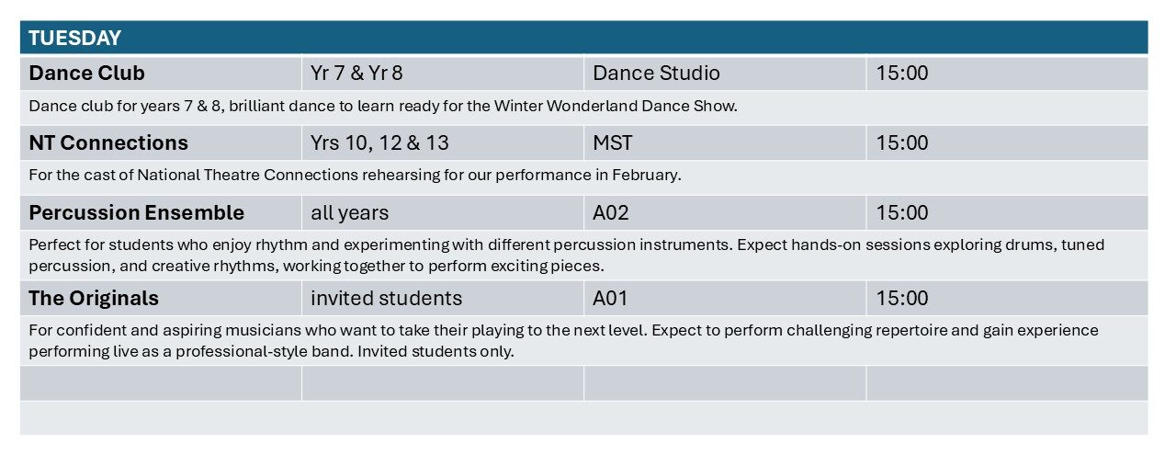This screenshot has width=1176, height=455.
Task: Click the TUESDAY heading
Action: tap(74, 38)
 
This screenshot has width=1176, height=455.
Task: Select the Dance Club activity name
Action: tap(86, 73)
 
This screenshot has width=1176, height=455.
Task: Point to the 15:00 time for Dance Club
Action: tap(902, 73)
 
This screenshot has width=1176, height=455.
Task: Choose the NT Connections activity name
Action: tap(108, 142)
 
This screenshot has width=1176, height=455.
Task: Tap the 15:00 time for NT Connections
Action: tap(902, 142)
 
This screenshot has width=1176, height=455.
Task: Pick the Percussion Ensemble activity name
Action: tap(137, 212)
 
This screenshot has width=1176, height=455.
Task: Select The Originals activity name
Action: tap(94, 299)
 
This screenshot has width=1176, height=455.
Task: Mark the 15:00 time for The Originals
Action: tap(902, 299)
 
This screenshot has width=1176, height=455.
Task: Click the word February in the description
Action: tap(646, 175)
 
